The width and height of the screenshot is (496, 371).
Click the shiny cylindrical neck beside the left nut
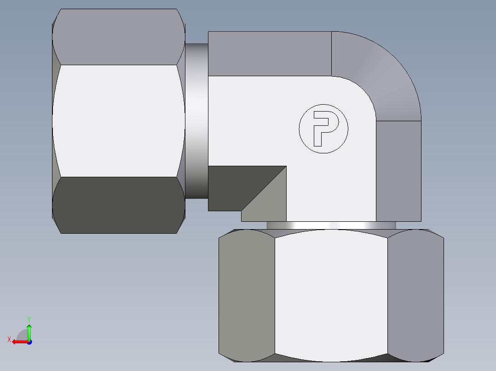(196, 121)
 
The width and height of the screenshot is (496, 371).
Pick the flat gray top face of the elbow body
(269, 53)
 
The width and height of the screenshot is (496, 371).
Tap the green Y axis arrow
(29, 331)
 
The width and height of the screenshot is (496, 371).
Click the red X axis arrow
(18, 342)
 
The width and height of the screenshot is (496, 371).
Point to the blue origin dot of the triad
(29, 342)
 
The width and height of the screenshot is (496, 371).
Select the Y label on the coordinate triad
(29, 319)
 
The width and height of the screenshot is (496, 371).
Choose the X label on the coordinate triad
(9, 339)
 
